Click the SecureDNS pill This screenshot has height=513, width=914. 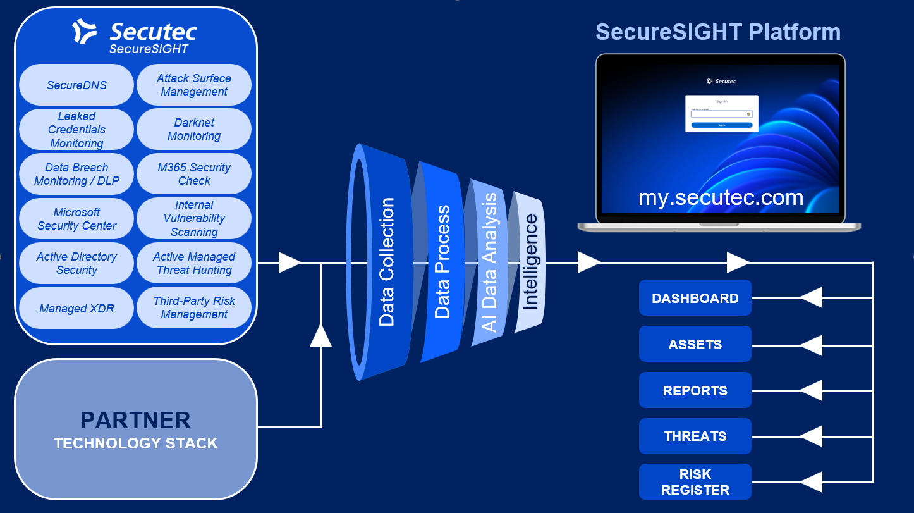pos(76,85)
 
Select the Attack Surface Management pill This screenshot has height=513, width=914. pos(194,85)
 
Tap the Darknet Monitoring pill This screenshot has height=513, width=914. pos(194,129)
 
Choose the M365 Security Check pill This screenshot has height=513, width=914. pos(194,174)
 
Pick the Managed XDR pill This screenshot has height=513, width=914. pos(76,308)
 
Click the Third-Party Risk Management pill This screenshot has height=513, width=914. pos(194,308)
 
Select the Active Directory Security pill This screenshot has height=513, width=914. pos(76,263)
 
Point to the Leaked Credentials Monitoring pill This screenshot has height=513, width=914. pos(76,129)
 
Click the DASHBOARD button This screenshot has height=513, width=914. pos(695,298)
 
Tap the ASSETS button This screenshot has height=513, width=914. pos(695,344)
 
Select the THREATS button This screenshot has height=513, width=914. pos(695,436)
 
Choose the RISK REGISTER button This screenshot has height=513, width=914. pos(695,482)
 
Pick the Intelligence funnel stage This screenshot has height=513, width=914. pos(530,262)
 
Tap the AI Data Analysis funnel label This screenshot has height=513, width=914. pos(490,262)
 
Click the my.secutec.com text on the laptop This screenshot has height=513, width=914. pos(721,197)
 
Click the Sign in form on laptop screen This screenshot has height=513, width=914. pos(721,113)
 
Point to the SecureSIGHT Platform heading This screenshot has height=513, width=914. pos(718,32)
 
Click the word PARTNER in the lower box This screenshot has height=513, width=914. pos(135,421)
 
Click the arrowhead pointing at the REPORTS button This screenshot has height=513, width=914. pos(812,390)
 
